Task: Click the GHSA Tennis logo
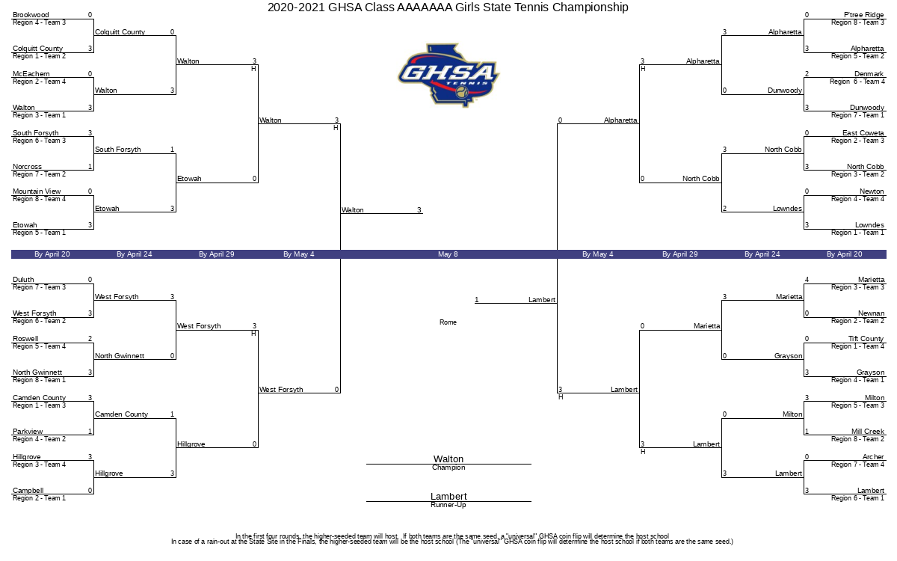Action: pos(449,75)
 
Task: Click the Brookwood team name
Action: pos(31,15)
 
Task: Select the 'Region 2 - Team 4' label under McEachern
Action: pos(39,82)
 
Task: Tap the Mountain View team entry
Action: pos(37,191)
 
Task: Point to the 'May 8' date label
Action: pos(448,254)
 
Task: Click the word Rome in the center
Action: pos(448,322)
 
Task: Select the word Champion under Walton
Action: pos(449,467)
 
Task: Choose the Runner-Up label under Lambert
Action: pos(449,505)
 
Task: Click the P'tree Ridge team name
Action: pos(864,15)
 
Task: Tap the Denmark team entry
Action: pos(869,74)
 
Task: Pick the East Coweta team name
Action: pos(863,133)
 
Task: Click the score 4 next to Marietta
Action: pos(807,280)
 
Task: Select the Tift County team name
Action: pos(866,339)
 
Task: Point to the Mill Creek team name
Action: pos(868,432)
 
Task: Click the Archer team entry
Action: pos(873,457)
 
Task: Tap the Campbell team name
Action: pos(28,491)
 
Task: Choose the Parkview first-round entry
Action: pos(28,432)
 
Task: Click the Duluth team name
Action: pos(23,280)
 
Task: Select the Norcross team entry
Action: pos(27,167)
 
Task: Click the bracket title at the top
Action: pos(448,7)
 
